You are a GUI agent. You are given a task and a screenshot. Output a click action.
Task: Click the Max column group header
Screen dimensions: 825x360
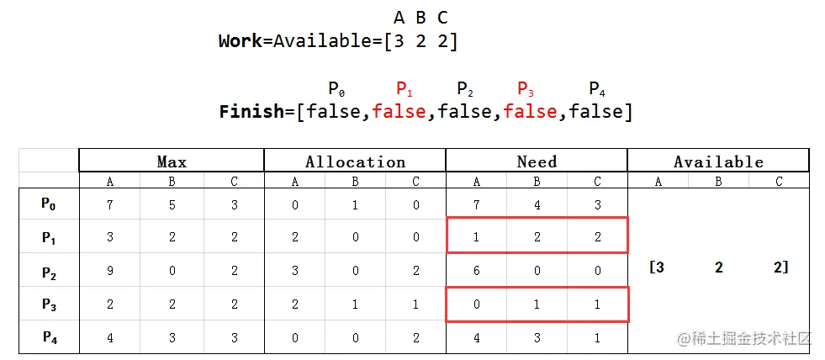(x=172, y=161)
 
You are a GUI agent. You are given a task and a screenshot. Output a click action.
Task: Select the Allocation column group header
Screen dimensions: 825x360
(x=355, y=161)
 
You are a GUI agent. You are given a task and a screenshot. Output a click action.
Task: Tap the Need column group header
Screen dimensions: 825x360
(x=537, y=161)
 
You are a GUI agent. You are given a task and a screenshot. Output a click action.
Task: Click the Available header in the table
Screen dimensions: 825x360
(x=718, y=161)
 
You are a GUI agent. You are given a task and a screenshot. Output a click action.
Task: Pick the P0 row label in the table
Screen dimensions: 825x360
(x=49, y=204)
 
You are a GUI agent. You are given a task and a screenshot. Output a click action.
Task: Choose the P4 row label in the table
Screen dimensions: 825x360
(x=49, y=337)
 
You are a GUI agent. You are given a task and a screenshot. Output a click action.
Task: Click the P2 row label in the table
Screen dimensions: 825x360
(x=49, y=271)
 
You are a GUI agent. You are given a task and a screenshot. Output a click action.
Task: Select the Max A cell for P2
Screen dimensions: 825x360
(x=110, y=271)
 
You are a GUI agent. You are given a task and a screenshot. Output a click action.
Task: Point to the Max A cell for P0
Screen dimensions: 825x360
(x=110, y=204)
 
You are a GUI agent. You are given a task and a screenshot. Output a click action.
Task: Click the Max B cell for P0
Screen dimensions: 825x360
(x=172, y=204)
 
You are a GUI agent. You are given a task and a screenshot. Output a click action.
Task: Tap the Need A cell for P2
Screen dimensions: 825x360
(x=477, y=271)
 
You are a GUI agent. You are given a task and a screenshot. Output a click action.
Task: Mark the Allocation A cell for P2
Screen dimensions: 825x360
(x=295, y=271)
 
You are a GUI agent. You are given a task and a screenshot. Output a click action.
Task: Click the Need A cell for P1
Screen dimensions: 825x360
(x=477, y=237)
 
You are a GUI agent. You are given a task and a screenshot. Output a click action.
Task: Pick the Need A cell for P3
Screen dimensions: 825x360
(x=477, y=304)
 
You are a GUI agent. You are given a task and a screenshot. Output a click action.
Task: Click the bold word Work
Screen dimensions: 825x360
(x=241, y=40)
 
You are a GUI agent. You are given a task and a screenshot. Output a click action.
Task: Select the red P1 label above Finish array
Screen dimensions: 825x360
(x=404, y=88)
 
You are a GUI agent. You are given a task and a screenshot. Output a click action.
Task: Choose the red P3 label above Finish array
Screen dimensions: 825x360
(x=526, y=88)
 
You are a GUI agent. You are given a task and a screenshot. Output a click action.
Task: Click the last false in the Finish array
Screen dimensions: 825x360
(x=596, y=112)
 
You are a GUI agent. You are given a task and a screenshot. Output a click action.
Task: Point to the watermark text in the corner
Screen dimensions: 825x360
(x=743, y=338)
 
